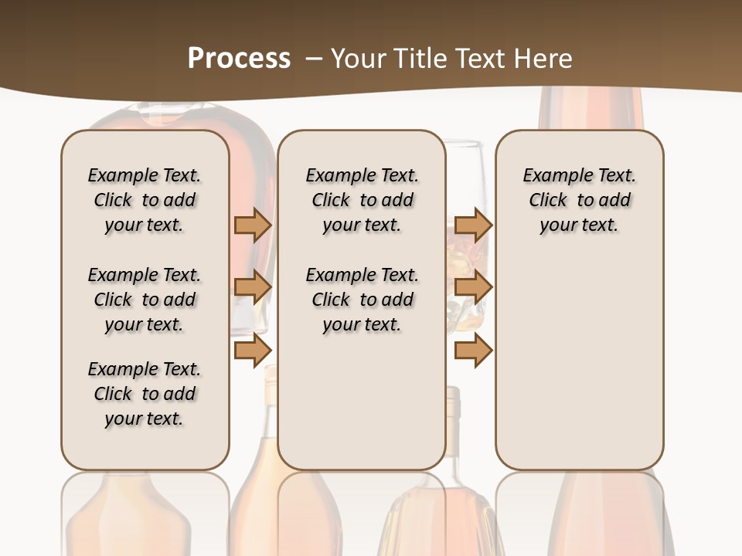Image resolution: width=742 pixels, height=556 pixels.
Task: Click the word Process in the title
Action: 239,58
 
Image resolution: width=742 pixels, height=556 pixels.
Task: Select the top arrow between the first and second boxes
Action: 253,225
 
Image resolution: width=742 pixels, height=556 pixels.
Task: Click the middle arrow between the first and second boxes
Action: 253,287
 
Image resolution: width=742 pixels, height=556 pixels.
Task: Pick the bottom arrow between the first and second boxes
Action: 253,351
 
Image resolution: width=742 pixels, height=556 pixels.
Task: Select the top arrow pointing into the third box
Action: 474,225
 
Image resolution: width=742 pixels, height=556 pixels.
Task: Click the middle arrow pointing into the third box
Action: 474,287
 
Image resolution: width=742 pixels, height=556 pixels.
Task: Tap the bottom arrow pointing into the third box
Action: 474,351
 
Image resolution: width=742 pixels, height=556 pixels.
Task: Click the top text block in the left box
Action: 145,200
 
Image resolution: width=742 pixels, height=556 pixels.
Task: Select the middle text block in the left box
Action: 145,300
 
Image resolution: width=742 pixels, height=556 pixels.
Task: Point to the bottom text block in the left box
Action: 145,394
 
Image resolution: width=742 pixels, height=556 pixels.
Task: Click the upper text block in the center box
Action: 362,200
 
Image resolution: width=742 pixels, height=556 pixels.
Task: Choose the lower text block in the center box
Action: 362,300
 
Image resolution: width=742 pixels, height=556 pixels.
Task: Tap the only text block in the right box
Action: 580,200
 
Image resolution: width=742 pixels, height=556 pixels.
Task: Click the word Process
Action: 239,58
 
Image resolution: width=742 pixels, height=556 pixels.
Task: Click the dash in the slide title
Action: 313,59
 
